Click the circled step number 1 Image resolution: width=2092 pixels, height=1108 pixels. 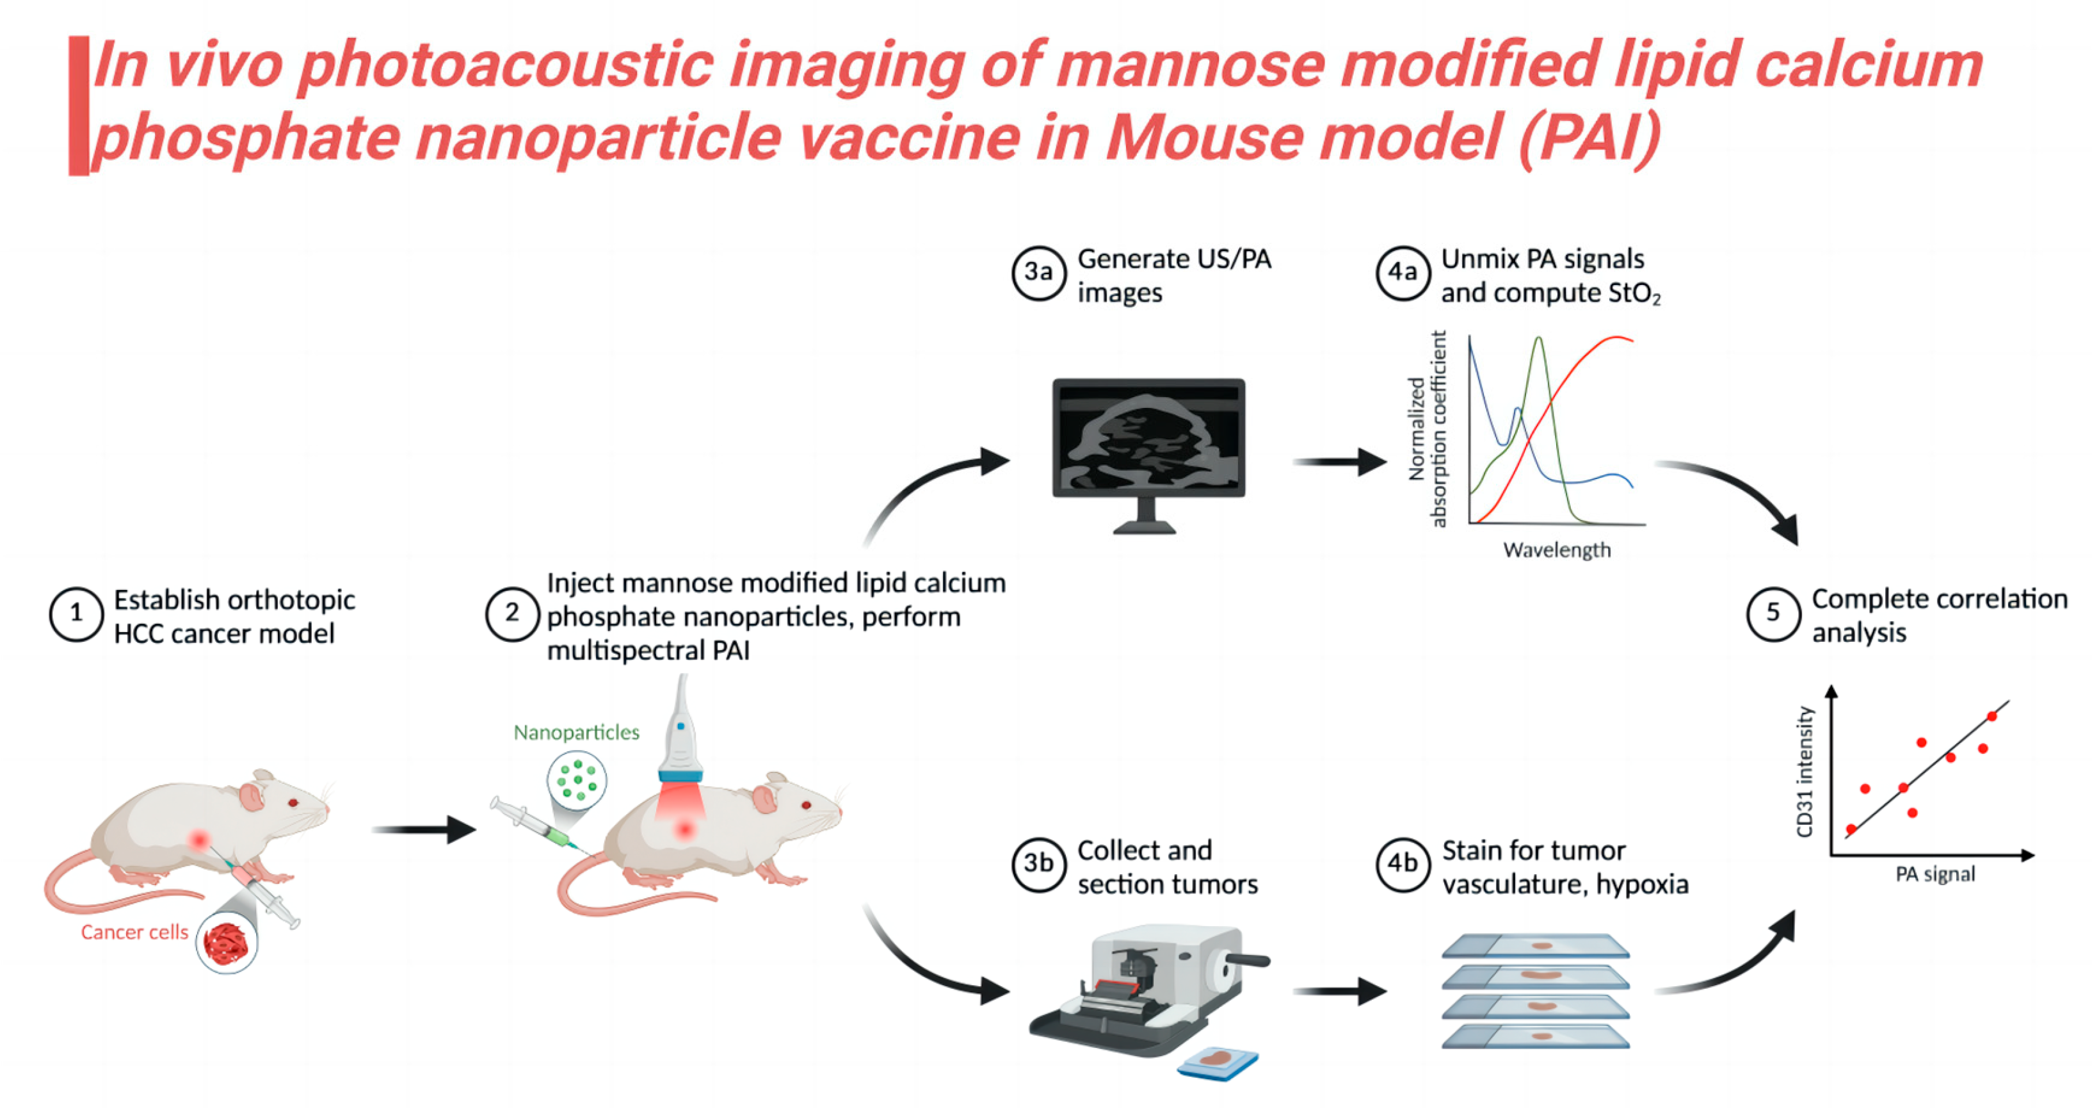(x=76, y=614)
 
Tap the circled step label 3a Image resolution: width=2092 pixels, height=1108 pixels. (x=1038, y=273)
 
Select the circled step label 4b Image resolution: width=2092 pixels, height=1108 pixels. (x=1403, y=865)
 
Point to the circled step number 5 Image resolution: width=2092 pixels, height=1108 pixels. (x=1773, y=614)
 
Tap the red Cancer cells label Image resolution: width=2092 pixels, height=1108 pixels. (x=134, y=933)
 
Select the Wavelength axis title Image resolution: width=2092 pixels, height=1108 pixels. (x=1556, y=551)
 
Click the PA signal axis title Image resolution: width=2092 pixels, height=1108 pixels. (x=1935, y=875)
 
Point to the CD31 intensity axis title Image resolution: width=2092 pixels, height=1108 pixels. (x=1805, y=772)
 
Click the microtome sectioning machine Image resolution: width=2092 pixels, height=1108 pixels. (x=1145, y=991)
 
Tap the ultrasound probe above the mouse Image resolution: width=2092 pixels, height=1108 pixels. (x=680, y=739)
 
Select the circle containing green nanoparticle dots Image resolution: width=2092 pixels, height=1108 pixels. (x=577, y=780)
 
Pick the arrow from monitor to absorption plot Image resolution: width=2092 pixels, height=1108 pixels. (x=1339, y=462)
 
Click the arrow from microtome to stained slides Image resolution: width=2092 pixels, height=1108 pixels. (x=1339, y=991)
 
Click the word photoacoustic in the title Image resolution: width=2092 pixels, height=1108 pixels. (x=504, y=65)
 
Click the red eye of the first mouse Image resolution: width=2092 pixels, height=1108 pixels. (x=293, y=803)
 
